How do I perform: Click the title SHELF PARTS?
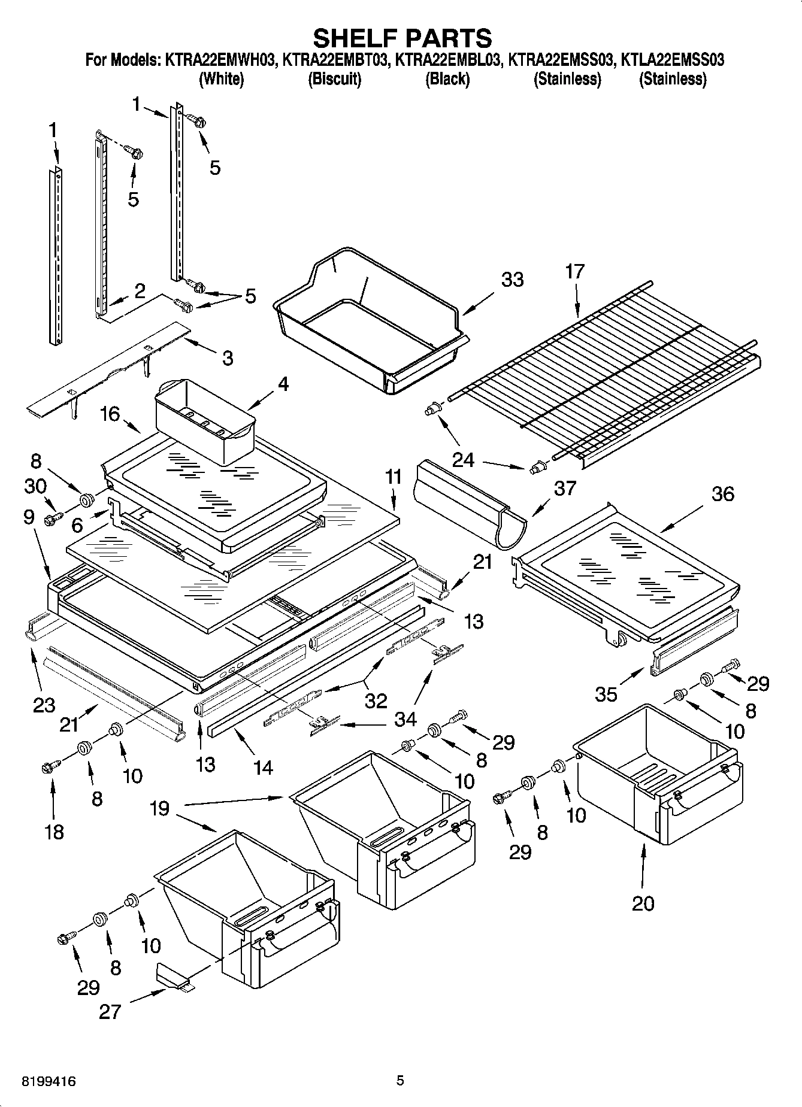click(x=402, y=38)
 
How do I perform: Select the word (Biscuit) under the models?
click(x=334, y=79)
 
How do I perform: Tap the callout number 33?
click(x=512, y=280)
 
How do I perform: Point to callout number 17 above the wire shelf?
click(x=574, y=272)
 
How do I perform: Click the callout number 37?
click(x=564, y=488)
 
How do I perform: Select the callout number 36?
click(x=722, y=494)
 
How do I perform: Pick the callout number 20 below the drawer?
click(x=643, y=903)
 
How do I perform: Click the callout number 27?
click(x=111, y=1011)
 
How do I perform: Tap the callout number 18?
click(x=54, y=832)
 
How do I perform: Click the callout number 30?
click(x=36, y=486)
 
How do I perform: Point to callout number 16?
click(x=110, y=414)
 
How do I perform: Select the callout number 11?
click(x=393, y=477)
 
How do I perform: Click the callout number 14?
click(x=262, y=767)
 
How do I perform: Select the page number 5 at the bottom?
click(x=400, y=1081)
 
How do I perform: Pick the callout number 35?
click(x=606, y=694)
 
